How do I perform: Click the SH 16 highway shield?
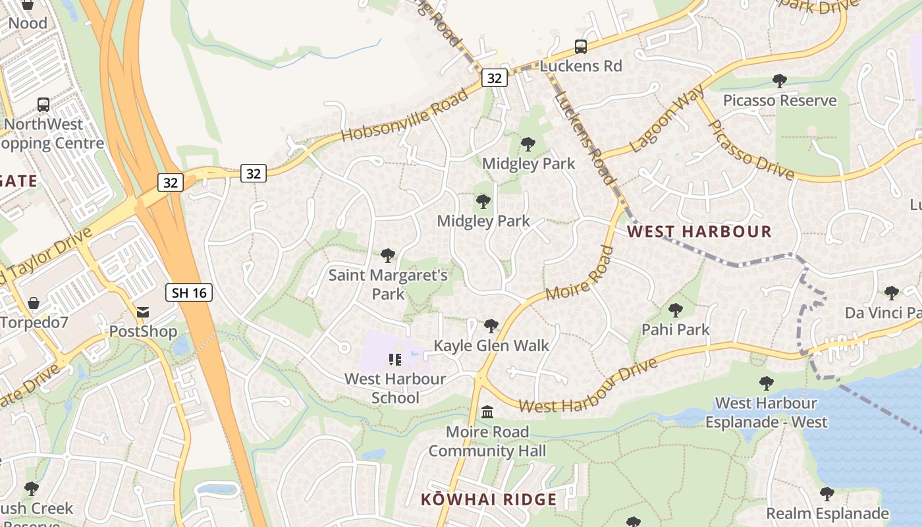pos(190,292)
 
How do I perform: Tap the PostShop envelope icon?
pos(143,312)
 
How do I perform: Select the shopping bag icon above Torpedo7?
pos(34,303)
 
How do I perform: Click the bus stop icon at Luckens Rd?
pos(580,47)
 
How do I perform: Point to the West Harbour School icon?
pos(395,359)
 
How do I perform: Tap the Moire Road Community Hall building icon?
pos(487,412)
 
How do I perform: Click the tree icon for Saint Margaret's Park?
pos(388,255)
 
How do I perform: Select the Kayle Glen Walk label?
pos(491,345)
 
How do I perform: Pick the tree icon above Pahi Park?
pos(675,310)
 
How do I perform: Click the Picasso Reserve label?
pos(780,101)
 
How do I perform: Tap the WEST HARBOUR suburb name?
pos(699,231)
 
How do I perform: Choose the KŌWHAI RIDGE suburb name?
pos(489,499)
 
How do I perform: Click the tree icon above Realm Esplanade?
pos(827,493)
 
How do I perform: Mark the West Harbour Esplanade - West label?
pos(766,412)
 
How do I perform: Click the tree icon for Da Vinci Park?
pos(892,292)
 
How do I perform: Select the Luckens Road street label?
pos(585,138)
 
